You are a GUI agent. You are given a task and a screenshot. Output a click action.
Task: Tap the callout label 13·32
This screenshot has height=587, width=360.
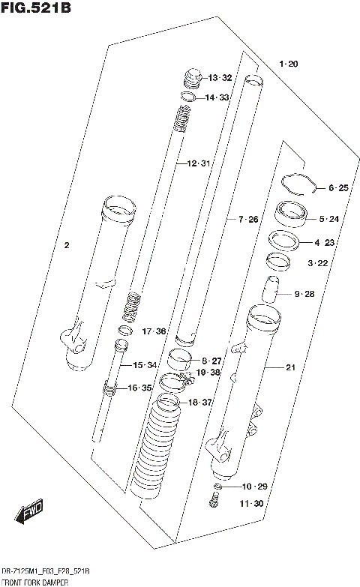point(220,78)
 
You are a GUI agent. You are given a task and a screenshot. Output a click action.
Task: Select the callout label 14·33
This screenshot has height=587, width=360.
point(218,97)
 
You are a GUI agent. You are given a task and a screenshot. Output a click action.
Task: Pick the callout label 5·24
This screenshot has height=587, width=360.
point(328,219)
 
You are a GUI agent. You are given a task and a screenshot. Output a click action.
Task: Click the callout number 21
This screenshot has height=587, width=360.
point(291,367)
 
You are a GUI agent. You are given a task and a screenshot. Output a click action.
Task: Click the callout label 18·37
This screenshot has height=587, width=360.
point(202,403)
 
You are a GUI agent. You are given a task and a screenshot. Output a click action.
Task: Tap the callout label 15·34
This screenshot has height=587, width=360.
point(145,365)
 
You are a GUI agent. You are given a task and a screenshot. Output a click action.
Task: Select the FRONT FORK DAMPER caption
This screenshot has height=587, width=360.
point(35,582)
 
